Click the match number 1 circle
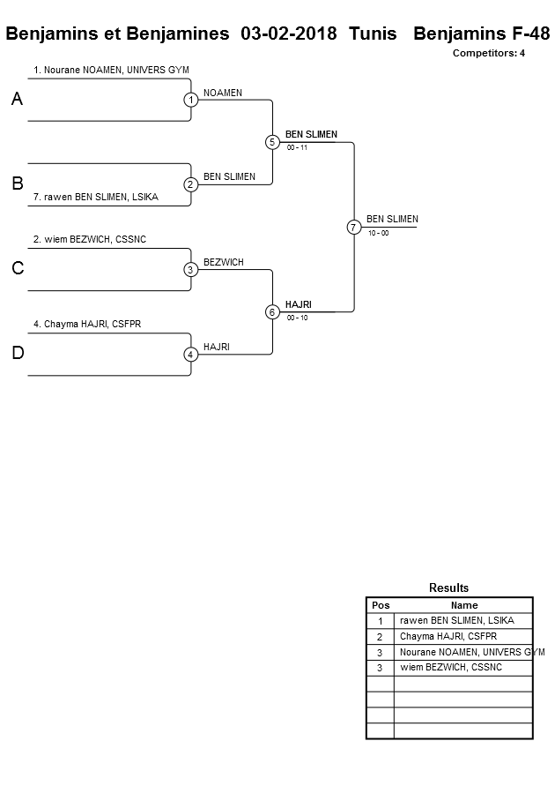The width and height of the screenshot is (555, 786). tap(190, 100)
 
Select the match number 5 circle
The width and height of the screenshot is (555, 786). tap(272, 142)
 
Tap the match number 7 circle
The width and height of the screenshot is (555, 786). tap(353, 227)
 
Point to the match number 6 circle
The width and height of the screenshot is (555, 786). tap(272, 311)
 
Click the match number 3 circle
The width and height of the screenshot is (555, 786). tap(190, 269)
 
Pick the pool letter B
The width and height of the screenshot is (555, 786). tap(17, 184)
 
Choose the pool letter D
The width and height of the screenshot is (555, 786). tap(17, 354)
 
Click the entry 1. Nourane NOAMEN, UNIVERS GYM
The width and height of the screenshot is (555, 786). tap(111, 70)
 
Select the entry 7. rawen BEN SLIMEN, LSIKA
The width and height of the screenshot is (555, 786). tap(95, 197)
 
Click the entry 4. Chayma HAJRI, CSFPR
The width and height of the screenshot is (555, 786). tap(87, 324)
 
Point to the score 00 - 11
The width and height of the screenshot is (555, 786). tap(298, 148)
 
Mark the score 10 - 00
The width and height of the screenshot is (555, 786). tap(379, 233)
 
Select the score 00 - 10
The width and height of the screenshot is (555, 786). tap(298, 318)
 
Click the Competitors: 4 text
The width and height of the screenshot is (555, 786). tap(489, 53)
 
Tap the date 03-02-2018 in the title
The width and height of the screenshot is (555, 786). tap(288, 34)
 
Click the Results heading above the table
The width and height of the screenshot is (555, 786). tap(448, 588)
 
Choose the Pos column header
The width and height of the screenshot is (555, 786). tap(381, 605)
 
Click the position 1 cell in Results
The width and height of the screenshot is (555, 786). tap(381, 621)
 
